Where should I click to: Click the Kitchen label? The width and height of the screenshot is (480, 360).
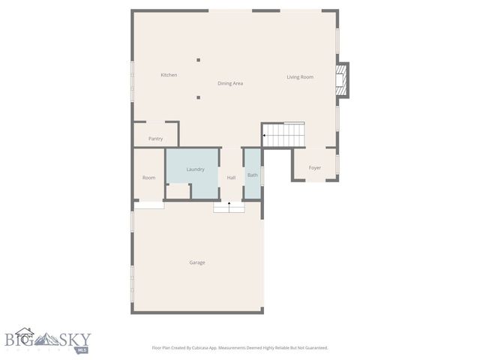point(169,75)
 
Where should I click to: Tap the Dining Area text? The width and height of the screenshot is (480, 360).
point(230,83)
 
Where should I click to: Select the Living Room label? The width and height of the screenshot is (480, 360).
point(300,76)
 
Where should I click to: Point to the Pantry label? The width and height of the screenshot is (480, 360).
point(155,139)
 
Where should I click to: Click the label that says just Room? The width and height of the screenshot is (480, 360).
point(149,178)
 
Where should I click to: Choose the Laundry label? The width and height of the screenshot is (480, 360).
point(195,169)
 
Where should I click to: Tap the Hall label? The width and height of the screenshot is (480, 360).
point(231,178)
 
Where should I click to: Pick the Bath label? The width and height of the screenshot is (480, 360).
point(252,175)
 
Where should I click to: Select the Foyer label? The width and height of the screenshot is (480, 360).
point(315,168)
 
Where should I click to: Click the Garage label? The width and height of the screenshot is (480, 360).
point(197,262)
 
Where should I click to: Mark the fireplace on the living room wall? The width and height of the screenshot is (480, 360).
point(343,79)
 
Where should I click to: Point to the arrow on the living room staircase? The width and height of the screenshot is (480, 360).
point(265,136)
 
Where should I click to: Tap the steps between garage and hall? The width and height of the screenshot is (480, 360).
point(229,206)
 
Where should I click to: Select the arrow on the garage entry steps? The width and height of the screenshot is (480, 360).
point(229,203)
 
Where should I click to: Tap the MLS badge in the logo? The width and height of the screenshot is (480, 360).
point(82,349)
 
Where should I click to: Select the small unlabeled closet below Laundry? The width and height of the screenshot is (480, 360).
point(178,191)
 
